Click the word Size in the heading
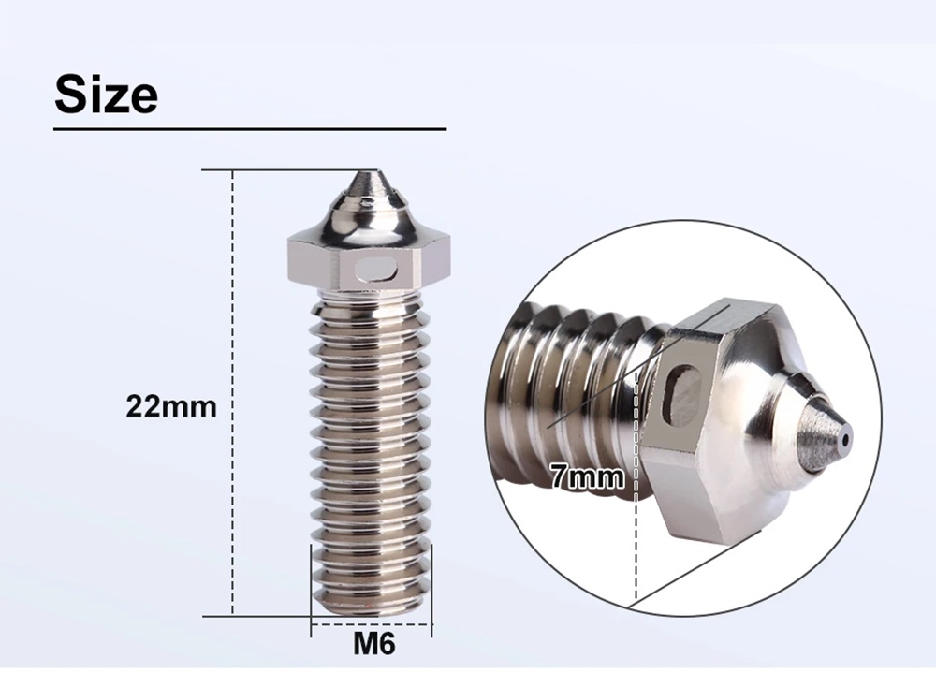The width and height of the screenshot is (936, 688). point(106,95)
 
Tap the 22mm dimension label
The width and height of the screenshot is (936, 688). point(171,407)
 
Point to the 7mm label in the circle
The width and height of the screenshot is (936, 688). point(587,478)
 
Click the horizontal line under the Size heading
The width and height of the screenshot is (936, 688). point(250,128)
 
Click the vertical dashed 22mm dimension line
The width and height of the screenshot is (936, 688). point(231,393)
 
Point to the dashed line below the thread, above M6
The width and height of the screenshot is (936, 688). point(372,622)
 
